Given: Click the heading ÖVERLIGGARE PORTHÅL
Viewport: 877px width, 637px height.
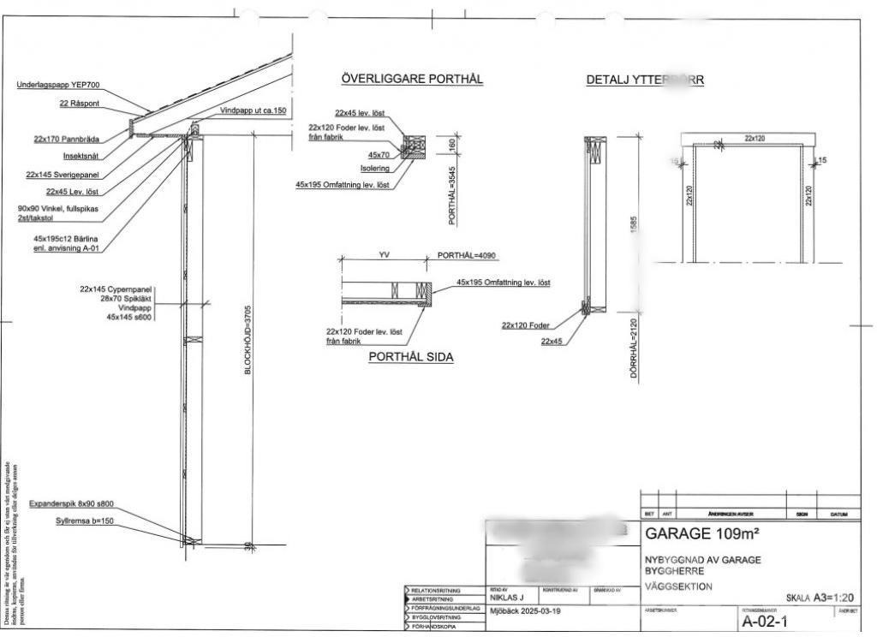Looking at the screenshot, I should pyautogui.click(x=412, y=79).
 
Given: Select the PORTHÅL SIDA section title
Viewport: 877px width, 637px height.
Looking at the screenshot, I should pyautogui.click(x=411, y=357).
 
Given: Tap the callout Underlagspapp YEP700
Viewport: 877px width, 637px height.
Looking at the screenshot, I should pyautogui.click(x=57, y=86).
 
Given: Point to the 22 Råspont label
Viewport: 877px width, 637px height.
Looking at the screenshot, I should pyautogui.click(x=80, y=103).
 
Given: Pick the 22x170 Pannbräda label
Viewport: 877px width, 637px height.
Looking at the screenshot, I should pyautogui.click(x=67, y=139).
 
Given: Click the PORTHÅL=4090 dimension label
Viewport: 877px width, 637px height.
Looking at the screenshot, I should pyautogui.click(x=467, y=255).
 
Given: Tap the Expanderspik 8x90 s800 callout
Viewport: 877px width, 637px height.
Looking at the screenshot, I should pyautogui.click(x=72, y=503).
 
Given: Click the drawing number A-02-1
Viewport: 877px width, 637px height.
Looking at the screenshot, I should pyautogui.click(x=764, y=621).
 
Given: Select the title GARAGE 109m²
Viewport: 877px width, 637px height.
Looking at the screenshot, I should pyautogui.click(x=701, y=534).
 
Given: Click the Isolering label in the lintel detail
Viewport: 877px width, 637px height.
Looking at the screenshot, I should pyautogui.click(x=374, y=169).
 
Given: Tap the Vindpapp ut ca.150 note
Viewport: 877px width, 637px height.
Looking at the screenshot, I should pyautogui.click(x=253, y=111).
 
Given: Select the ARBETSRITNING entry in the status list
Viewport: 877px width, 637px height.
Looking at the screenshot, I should pyautogui.click(x=436, y=599).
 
